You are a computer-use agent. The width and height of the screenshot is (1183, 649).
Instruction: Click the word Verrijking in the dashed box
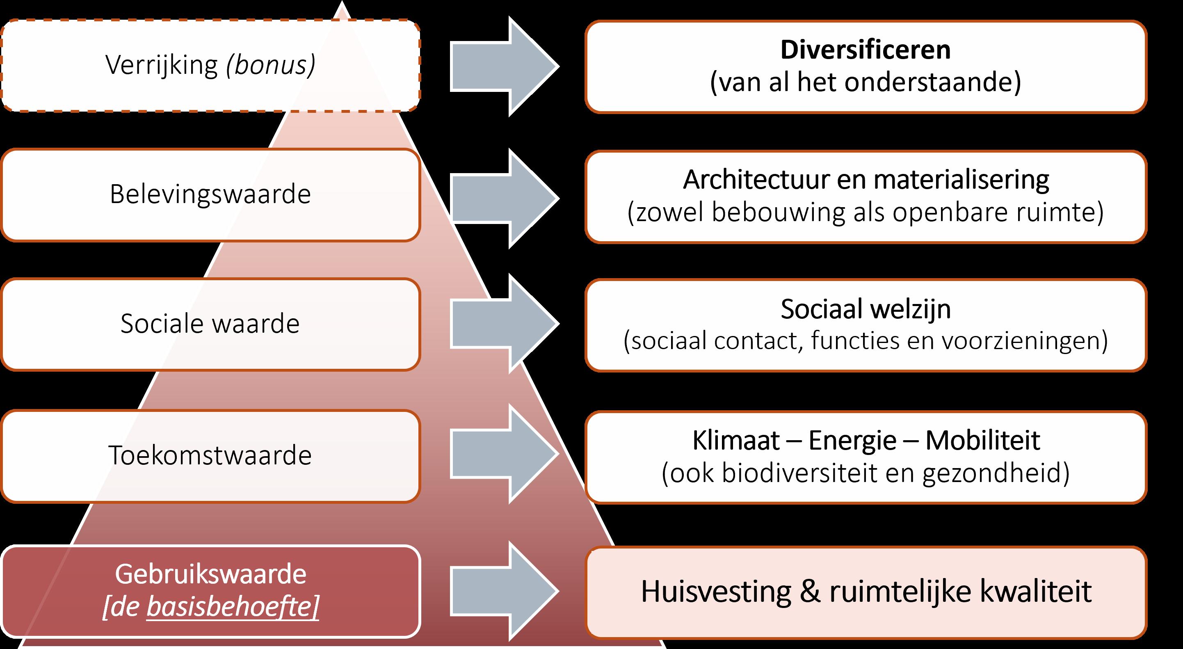pyautogui.click(x=161, y=65)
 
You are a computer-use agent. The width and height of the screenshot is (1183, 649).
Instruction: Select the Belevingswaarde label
pyautogui.click(x=210, y=194)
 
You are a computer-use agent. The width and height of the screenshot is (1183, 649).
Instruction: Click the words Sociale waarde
pyautogui.click(x=210, y=323)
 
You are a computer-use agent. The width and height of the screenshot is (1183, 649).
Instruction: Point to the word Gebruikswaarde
pyautogui.click(x=210, y=574)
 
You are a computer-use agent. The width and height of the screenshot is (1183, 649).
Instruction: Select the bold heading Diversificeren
pyautogui.click(x=865, y=50)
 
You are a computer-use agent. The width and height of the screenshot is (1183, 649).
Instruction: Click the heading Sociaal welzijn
pyautogui.click(x=865, y=309)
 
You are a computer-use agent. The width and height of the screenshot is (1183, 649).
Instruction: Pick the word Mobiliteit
pyautogui.click(x=982, y=441)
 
